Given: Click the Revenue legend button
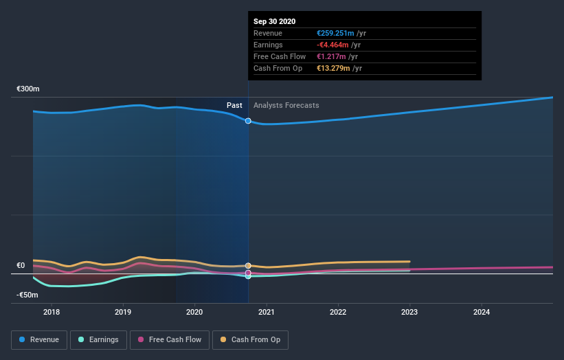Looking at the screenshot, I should tap(39, 339).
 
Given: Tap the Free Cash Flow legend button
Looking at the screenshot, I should tap(170, 339).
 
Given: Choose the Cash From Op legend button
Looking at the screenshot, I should tap(250, 339).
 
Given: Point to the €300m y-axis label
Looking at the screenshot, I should tap(28, 89).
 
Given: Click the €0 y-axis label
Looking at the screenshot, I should tap(21, 266).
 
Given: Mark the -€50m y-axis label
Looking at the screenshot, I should tap(28, 295).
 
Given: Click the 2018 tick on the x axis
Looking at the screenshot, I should tap(51, 313).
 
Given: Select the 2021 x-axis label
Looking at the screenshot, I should tap(267, 313).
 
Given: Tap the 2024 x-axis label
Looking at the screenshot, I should tap(482, 313).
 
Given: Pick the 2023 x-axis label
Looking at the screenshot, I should tap(409, 313).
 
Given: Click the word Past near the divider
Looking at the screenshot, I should tap(234, 105).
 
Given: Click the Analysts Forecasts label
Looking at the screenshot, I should tap(286, 105).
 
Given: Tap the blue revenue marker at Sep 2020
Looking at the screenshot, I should tap(248, 121).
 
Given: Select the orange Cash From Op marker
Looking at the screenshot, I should tap(248, 265).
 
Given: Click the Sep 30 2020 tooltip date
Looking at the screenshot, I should tap(274, 21).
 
